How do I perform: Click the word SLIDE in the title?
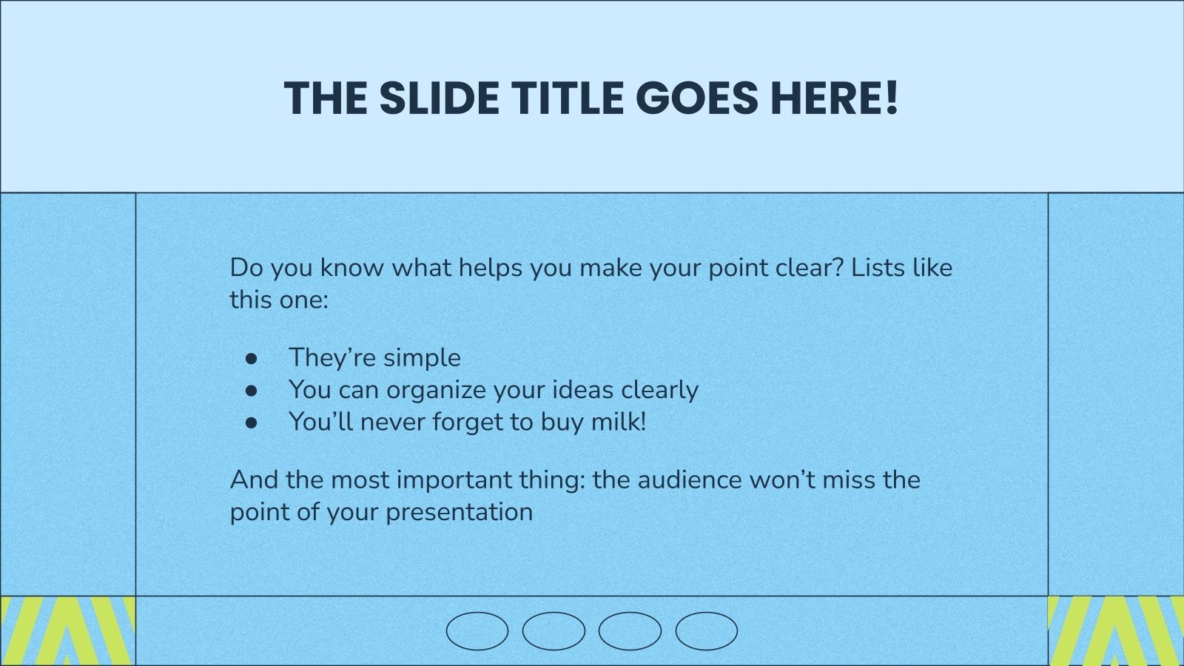point(439,98)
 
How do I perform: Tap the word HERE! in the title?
point(834,98)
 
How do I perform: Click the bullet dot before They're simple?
point(252,358)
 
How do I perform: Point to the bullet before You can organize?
point(252,390)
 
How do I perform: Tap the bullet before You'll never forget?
point(252,423)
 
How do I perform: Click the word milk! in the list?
point(619,422)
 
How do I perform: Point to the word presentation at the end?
point(459,512)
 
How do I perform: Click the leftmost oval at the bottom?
point(477,631)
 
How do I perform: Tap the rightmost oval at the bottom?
point(706,631)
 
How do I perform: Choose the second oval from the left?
point(554,631)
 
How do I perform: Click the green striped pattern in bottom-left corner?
point(67,630)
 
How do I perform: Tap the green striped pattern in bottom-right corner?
point(1116,630)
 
